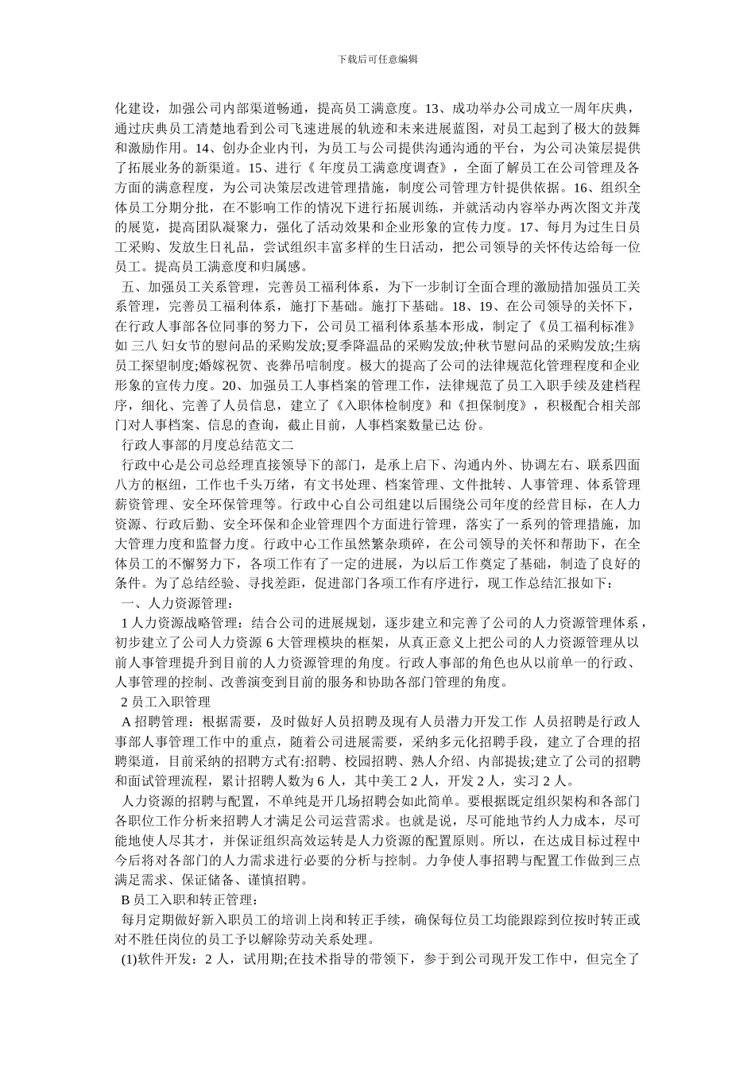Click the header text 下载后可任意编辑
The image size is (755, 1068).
coord(377,59)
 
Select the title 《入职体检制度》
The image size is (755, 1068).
coord(372,404)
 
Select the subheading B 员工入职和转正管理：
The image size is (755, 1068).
coord(189,899)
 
